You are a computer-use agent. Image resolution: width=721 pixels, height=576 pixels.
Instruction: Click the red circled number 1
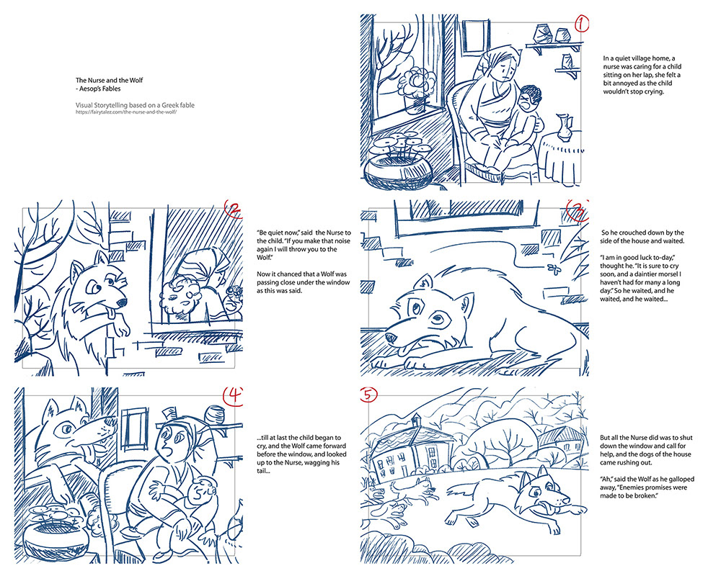[582, 24]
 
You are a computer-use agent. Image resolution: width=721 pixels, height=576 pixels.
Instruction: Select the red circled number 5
[368, 395]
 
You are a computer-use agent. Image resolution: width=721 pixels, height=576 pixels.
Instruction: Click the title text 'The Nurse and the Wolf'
[110, 81]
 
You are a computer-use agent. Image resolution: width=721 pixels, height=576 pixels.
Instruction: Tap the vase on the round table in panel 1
[563, 127]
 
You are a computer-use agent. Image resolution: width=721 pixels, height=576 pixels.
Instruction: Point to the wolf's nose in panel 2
[122, 303]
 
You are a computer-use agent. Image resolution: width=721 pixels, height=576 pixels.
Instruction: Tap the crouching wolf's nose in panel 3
[390, 339]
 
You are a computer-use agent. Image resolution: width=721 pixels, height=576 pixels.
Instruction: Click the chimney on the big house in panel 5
[416, 419]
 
